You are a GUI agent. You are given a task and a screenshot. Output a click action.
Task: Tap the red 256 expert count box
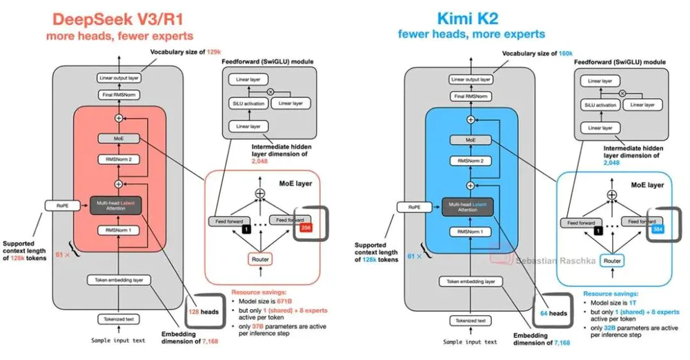point(306,228)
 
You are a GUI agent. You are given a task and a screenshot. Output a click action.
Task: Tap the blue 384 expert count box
point(658,228)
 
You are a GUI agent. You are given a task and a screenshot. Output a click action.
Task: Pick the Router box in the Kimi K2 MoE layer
point(612,261)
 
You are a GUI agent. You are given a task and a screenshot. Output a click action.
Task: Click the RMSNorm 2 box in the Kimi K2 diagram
point(471,161)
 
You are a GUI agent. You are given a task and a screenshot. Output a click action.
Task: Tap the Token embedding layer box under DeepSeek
point(119,280)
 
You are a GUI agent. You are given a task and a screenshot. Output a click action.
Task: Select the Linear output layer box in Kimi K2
point(471,79)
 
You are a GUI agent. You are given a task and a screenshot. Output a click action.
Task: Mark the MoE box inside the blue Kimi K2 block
point(471,139)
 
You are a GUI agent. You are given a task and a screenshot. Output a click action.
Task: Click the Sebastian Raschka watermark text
point(546,260)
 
